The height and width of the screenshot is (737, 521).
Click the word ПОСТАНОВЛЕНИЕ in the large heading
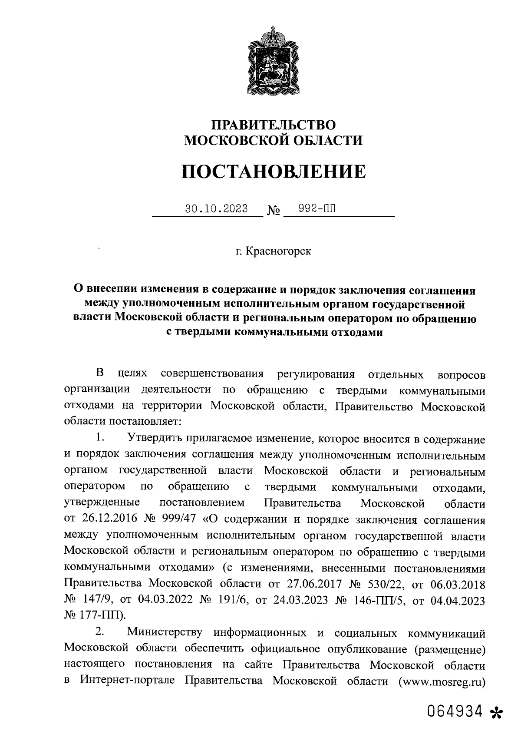(273, 172)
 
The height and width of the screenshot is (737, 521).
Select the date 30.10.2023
(216, 209)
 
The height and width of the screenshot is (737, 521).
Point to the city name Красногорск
(278, 251)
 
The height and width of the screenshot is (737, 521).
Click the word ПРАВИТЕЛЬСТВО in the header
(273, 125)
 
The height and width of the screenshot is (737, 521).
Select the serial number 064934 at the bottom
(455, 711)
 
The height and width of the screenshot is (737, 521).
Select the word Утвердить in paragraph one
(155, 439)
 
